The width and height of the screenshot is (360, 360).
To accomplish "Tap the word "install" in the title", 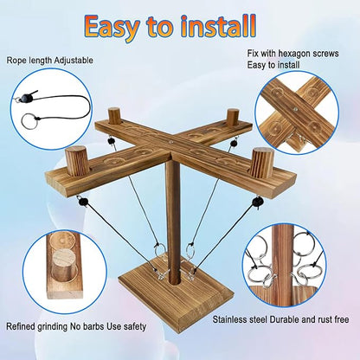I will pyautogui.click(x=231, y=26).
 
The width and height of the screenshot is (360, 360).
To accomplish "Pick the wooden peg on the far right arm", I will pyautogui.click(x=262, y=162).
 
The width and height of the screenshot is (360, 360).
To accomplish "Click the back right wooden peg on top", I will pyautogui.click(x=232, y=116).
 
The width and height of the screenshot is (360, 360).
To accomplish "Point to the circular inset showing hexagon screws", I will pyautogui.click(x=304, y=113).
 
